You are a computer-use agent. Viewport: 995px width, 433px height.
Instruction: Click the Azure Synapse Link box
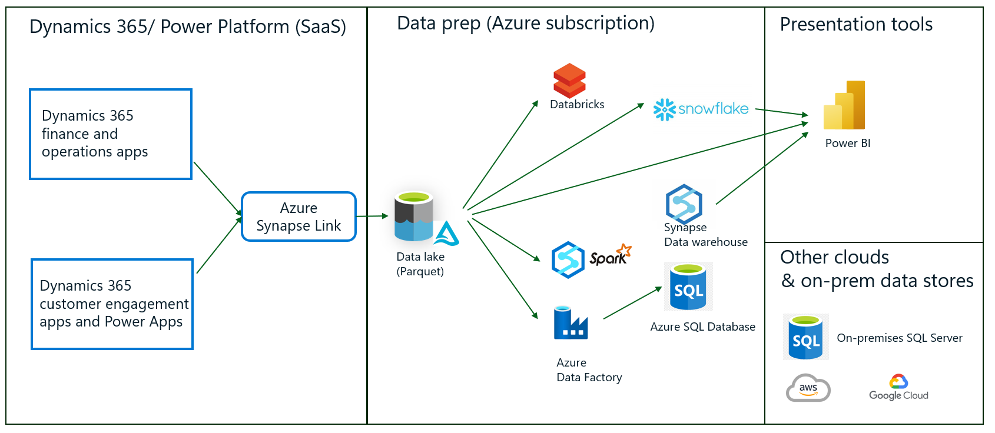click(298, 216)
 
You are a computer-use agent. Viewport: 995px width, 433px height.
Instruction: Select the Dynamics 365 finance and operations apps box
click(111, 134)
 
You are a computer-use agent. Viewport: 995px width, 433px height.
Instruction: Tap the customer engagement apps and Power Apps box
click(112, 304)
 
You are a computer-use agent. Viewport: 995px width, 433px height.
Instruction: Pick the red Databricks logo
click(569, 81)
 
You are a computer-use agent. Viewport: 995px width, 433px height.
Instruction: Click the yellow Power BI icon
click(845, 106)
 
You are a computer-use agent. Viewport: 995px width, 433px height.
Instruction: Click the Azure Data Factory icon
click(570, 323)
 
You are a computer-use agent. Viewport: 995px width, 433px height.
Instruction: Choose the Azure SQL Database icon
click(688, 287)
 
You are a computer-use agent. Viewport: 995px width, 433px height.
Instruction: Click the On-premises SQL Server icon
click(805, 337)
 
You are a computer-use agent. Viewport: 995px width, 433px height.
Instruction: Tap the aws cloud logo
click(808, 388)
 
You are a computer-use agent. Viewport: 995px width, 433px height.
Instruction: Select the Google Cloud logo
click(898, 388)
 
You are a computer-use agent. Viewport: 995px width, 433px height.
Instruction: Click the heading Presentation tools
click(856, 25)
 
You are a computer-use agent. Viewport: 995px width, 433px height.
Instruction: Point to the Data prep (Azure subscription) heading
click(525, 24)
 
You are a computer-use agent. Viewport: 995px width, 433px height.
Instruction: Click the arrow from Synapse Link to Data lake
click(372, 216)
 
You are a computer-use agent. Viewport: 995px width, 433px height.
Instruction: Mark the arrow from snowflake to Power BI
click(782, 112)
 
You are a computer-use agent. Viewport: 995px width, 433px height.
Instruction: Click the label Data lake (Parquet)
click(420, 264)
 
